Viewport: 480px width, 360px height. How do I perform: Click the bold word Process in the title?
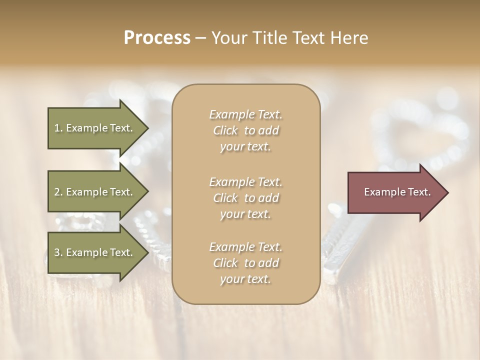157,38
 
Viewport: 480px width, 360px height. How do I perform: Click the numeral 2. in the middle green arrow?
58,192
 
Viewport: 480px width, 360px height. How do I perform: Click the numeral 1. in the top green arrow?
58,128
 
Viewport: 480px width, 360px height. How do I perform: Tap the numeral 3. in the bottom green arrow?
58,252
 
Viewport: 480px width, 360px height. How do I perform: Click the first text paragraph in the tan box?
246,130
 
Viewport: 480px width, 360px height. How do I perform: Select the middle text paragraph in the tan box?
246,197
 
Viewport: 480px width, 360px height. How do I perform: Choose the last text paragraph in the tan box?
246,263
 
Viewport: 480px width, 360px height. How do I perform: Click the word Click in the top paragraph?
225,130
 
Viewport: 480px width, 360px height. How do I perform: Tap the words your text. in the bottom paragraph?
245,279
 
